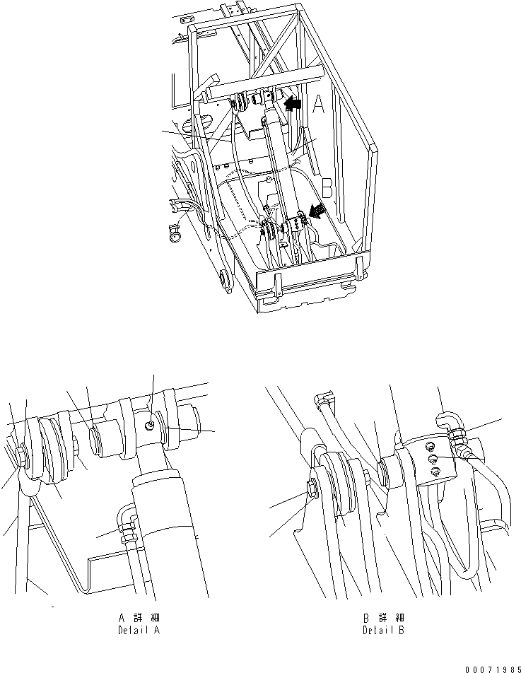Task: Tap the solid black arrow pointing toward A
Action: [292, 104]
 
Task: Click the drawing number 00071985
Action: [489, 667]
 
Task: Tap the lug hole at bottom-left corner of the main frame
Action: [226, 283]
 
